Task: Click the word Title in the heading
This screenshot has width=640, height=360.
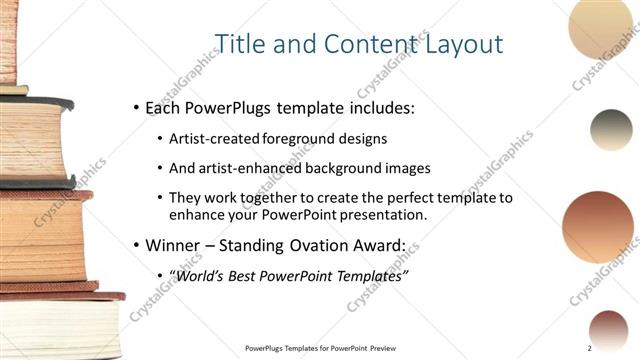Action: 241,43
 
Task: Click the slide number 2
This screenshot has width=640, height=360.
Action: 590,347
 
